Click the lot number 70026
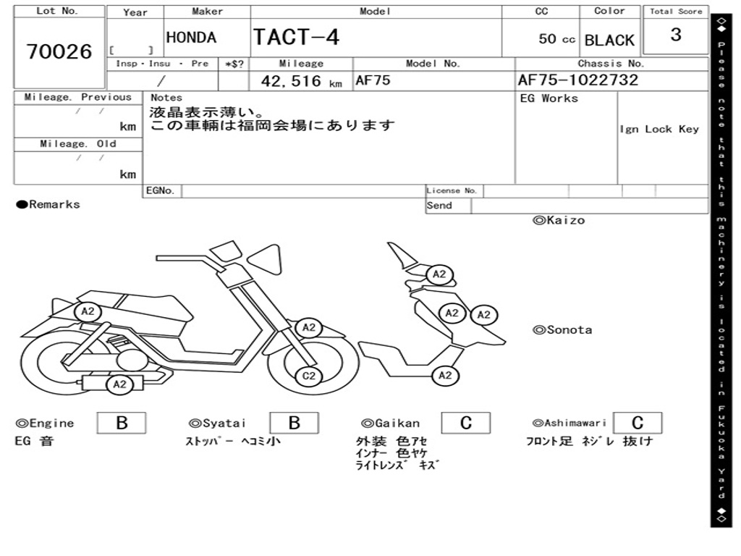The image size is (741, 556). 59,51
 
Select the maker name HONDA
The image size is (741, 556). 191,38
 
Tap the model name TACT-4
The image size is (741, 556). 296,37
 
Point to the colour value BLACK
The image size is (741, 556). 609,40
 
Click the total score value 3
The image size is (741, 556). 676,35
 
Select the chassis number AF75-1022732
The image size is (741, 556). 578,80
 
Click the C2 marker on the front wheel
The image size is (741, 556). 309,376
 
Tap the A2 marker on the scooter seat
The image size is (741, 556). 88,311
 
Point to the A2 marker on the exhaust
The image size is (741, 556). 119,384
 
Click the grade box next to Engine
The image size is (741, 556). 122,423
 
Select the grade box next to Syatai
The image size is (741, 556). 295,423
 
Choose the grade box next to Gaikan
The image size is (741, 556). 466,423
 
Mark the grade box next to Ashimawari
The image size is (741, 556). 638,423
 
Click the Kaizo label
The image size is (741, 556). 559,220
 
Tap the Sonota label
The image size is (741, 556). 562,330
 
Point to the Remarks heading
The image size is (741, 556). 48,205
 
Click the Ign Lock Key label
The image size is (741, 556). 659,130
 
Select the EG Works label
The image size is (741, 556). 549,98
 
